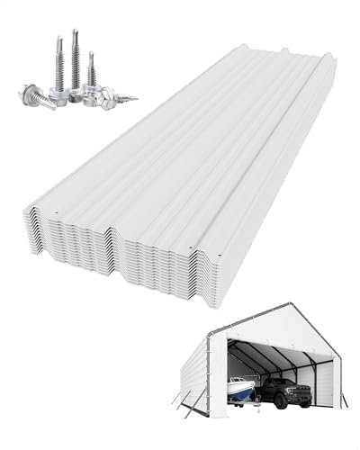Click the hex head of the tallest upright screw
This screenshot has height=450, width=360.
click(x=74, y=89)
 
